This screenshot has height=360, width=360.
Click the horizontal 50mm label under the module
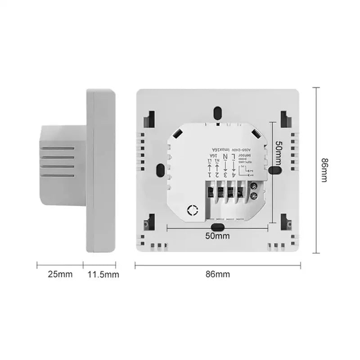tap(217, 235)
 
